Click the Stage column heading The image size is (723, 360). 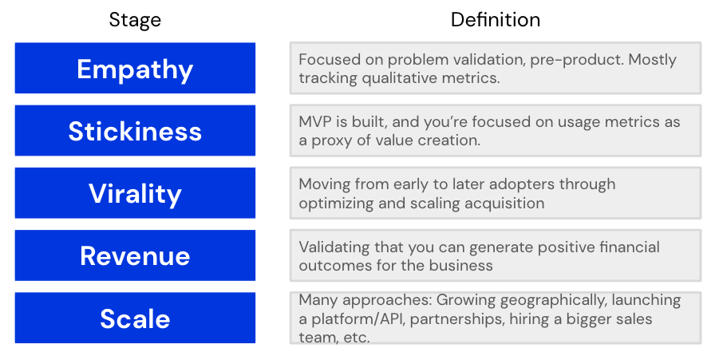point(135,19)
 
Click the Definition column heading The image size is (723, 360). point(495,19)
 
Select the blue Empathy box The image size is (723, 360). point(135,69)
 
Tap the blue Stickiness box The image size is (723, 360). point(135,131)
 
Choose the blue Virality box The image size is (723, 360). point(135,193)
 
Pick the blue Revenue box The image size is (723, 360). point(135,255)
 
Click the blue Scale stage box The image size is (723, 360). point(135,318)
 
